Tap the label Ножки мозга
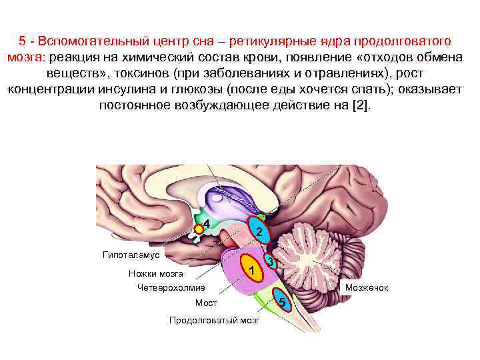click(151, 273)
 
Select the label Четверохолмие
click(171, 288)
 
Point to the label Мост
click(206, 303)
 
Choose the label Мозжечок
click(366, 287)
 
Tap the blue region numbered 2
click(259, 231)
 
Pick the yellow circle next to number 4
click(198, 229)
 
